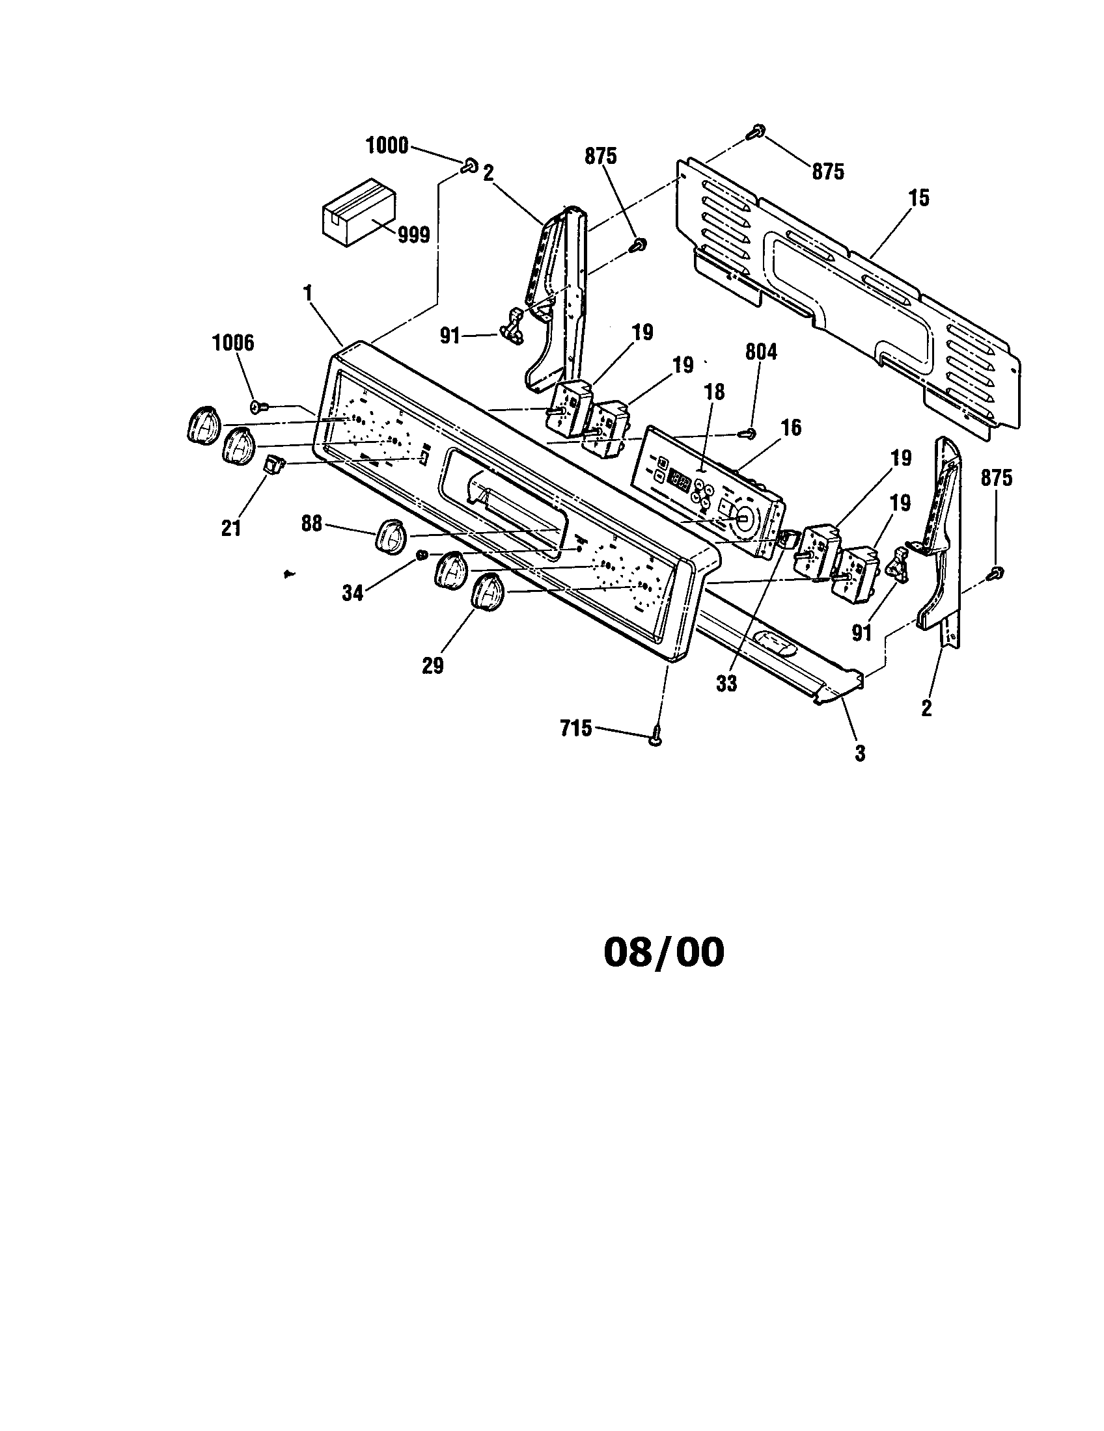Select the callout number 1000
click(387, 145)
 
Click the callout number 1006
click(234, 342)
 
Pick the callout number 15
click(919, 198)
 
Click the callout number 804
click(761, 352)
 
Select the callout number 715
click(576, 728)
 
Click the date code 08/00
click(663, 953)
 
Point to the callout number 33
click(726, 684)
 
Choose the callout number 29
click(433, 665)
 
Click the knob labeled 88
click(391, 537)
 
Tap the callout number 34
click(353, 594)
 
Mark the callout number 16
click(792, 428)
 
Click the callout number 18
click(715, 392)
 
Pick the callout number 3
click(859, 753)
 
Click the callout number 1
click(307, 294)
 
